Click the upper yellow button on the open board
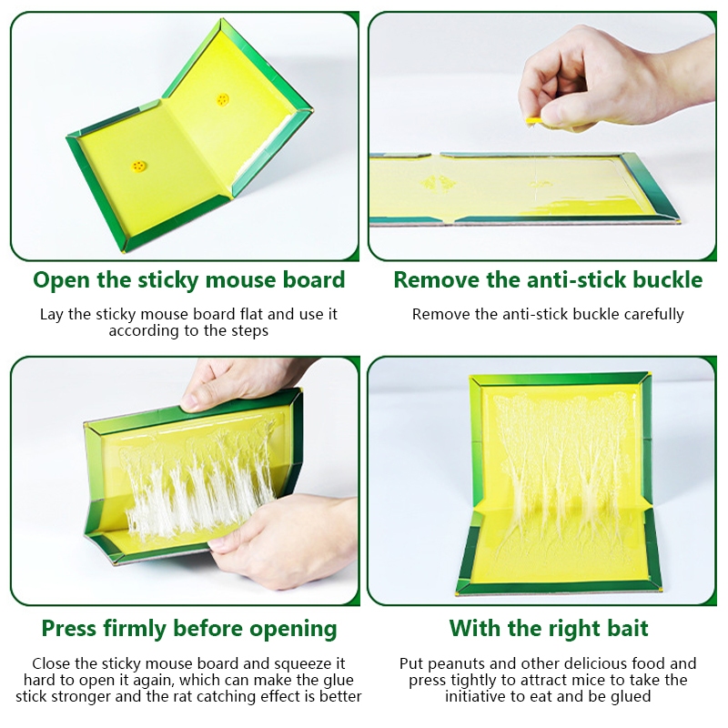pyautogui.click(x=222, y=99)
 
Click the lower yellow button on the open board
pyautogui.click(x=138, y=166)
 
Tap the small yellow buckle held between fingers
pyautogui.click(x=533, y=121)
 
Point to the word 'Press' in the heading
pyautogui.click(x=69, y=629)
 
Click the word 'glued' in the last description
pyautogui.click(x=631, y=697)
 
